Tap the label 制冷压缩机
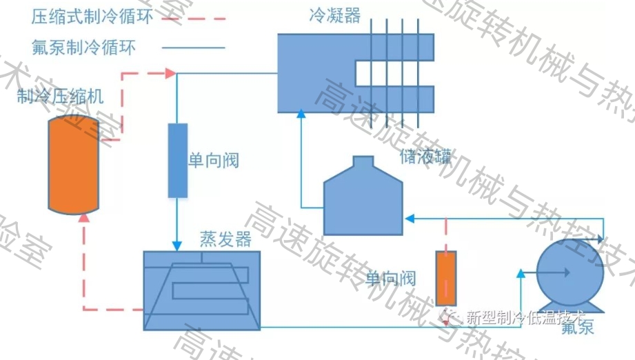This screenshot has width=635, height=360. (61, 96)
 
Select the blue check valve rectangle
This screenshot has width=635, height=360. (178, 160)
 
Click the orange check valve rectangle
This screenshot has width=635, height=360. (446, 279)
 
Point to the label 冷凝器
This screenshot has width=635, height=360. (335, 16)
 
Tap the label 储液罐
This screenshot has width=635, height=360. (425, 157)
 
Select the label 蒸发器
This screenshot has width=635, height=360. (225, 239)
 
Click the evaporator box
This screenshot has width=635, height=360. (201, 290)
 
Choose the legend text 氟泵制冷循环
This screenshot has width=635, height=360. (83, 48)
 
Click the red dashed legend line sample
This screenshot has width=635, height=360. (194, 18)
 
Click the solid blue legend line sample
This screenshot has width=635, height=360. (194, 48)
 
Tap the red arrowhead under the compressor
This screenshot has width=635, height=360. (84, 218)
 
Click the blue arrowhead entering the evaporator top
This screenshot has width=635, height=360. (177, 245)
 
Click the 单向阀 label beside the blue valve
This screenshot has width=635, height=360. (213, 161)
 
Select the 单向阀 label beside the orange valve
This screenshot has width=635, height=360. (391, 279)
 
